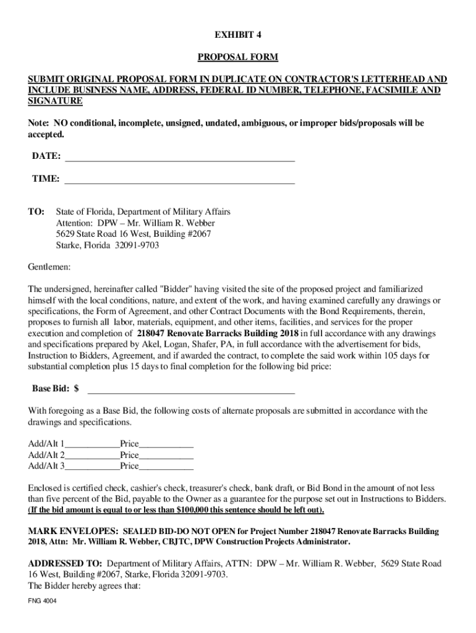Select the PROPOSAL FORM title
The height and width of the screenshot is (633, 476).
coord(237,57)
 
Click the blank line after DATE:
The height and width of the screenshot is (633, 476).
coord(179,158)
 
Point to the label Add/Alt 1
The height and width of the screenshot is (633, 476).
coord(46,444)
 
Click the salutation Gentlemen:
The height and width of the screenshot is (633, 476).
coord(49,267)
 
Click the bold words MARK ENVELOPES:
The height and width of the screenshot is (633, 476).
coord(74,532)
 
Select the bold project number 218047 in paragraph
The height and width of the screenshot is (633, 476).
coord(152,334)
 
